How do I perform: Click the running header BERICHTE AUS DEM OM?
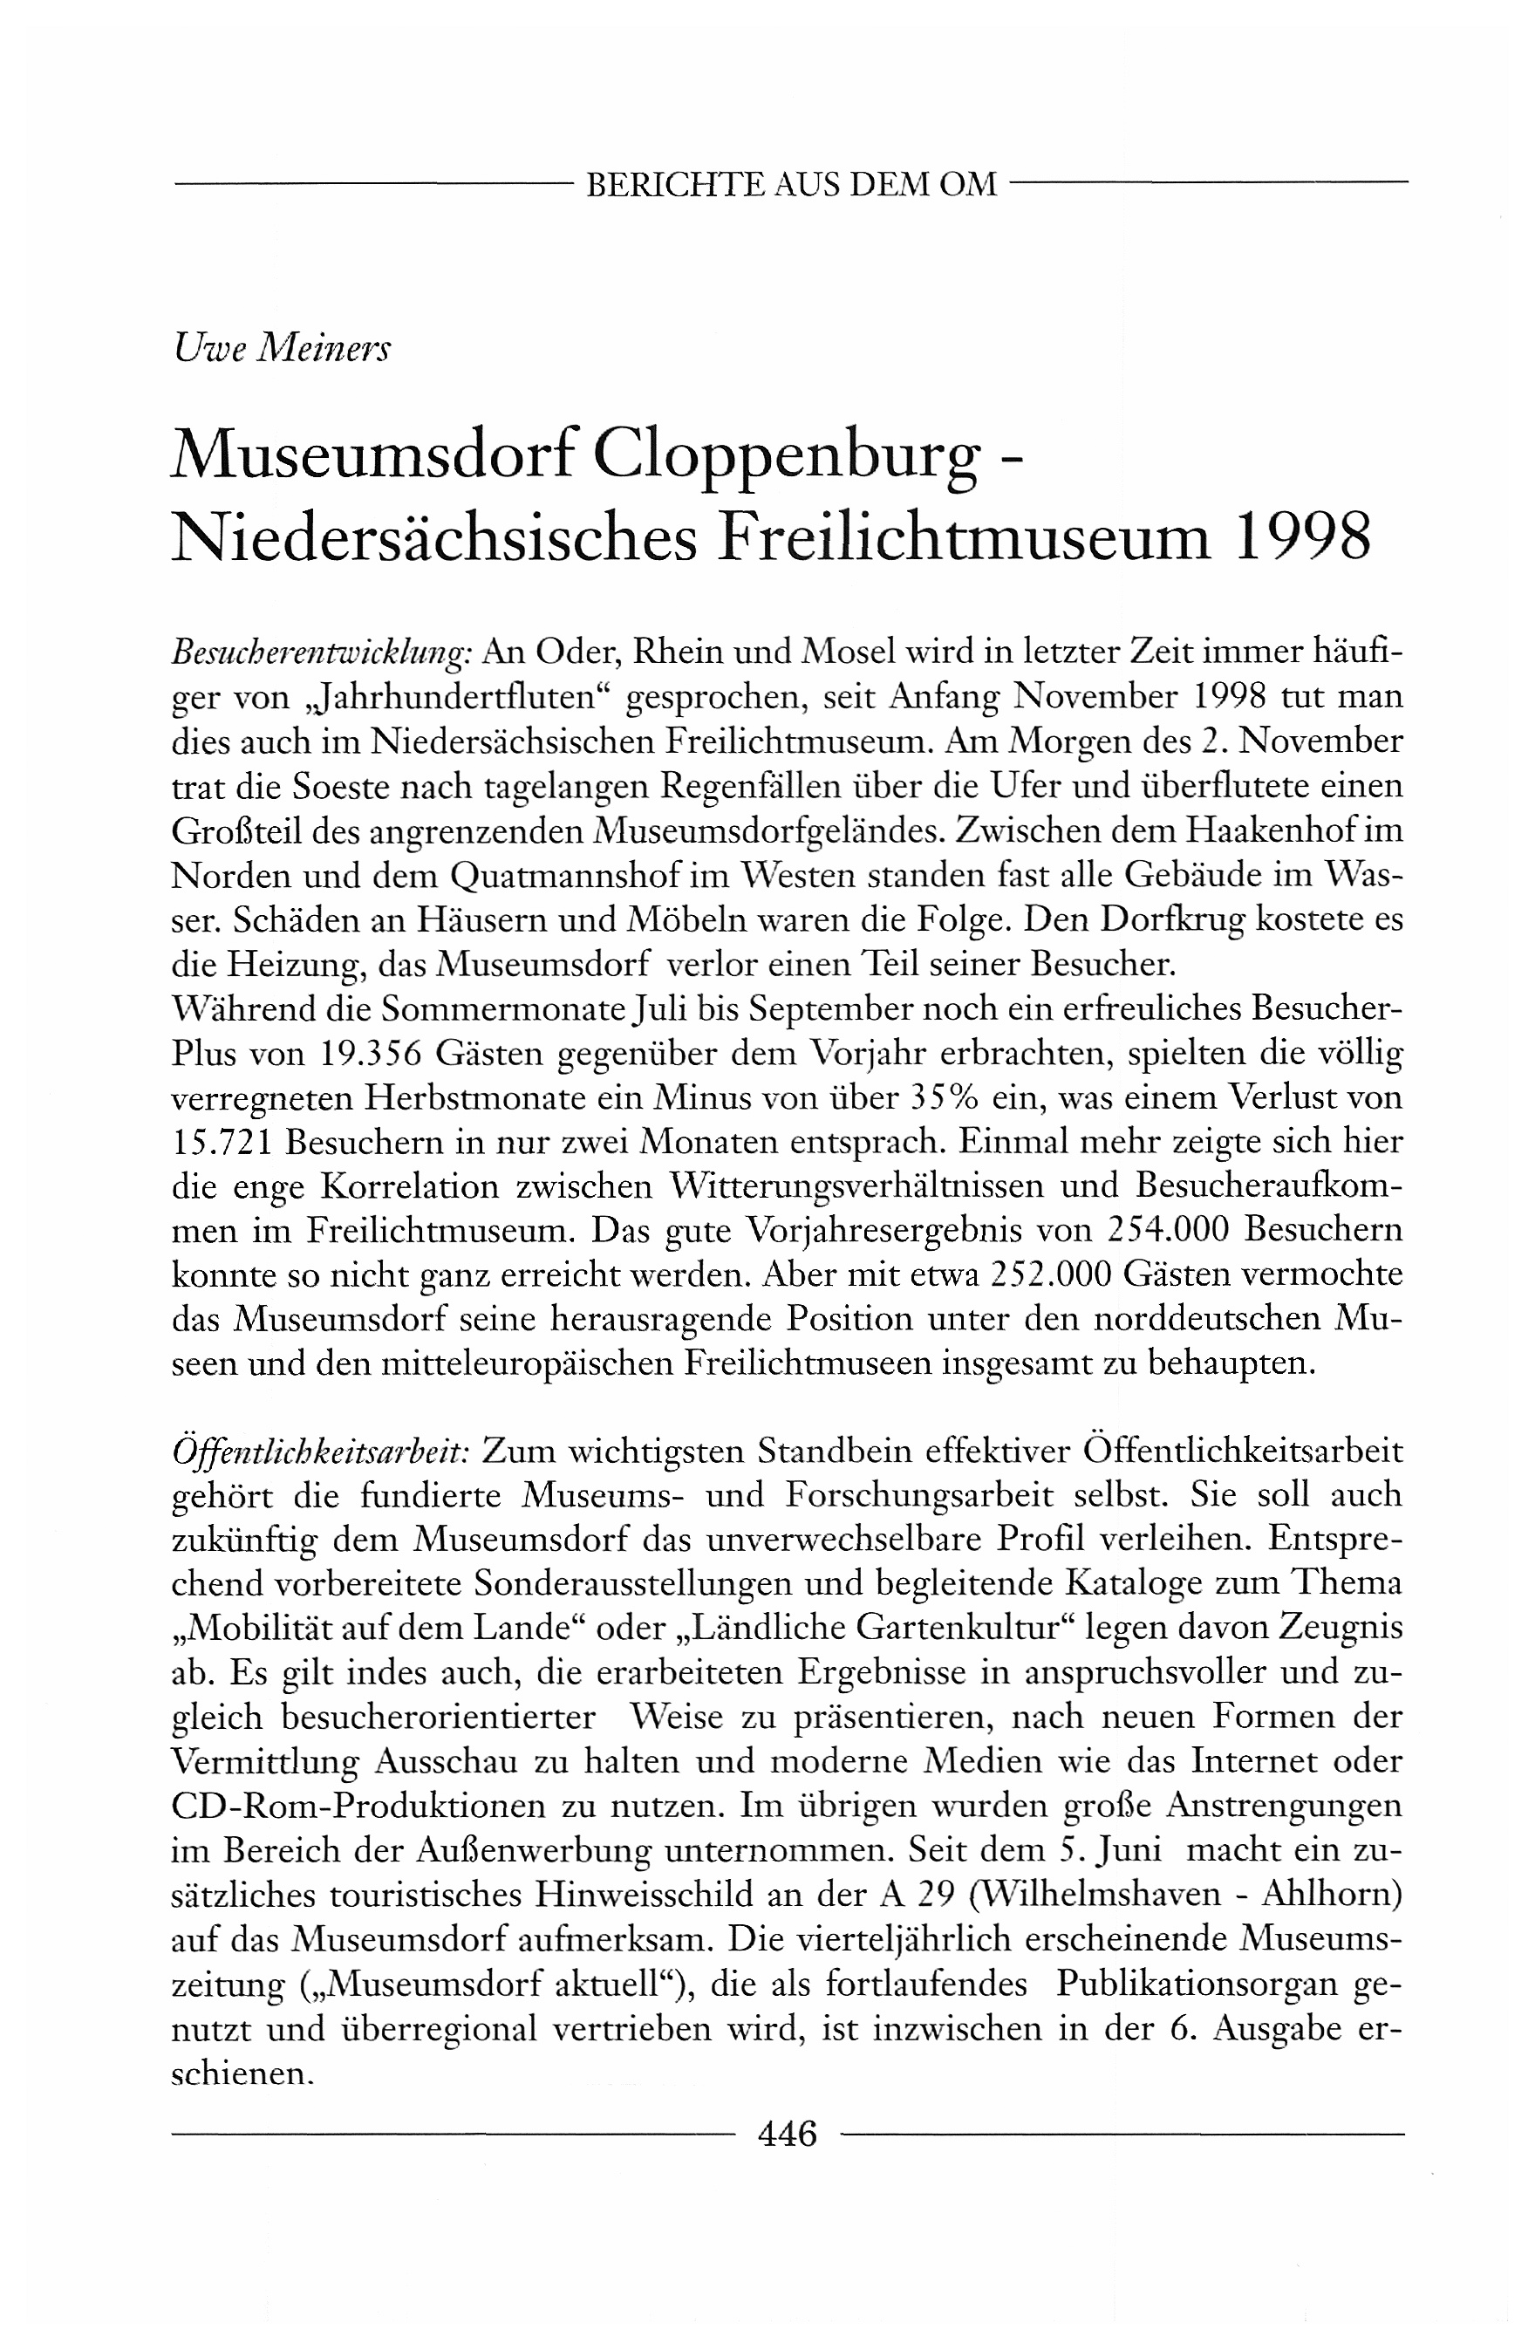[x=791, y=185]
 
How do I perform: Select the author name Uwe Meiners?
[x=282, y=349]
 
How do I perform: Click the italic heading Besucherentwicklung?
[x=320, y=654]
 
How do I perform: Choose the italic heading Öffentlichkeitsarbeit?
[x=320, y=1451]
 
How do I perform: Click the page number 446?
[x=788, y=2135]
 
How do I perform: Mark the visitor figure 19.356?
[x=373, y=1055]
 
